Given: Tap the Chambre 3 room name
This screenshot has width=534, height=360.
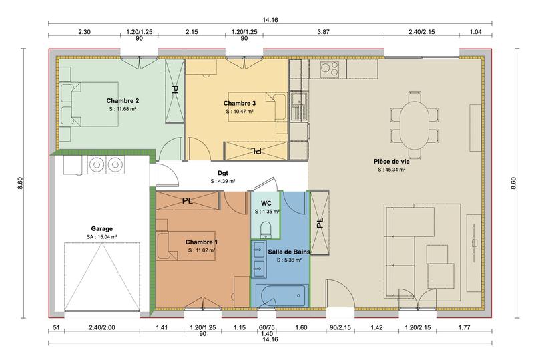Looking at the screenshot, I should coord(239,103).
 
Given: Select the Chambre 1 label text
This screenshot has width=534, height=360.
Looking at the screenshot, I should coord(201,242).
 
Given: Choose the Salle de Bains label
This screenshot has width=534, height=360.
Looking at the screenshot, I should coord(285,252).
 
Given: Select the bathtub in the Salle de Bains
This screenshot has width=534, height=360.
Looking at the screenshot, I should coord(280,295).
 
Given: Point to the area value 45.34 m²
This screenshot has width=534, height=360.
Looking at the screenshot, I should coord(392,170).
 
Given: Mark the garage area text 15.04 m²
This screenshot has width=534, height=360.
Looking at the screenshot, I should coord(101,236).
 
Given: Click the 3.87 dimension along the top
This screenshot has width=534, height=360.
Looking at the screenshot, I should coord(322,31).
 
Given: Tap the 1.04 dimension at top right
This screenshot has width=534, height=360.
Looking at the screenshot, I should coord(475,31).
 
